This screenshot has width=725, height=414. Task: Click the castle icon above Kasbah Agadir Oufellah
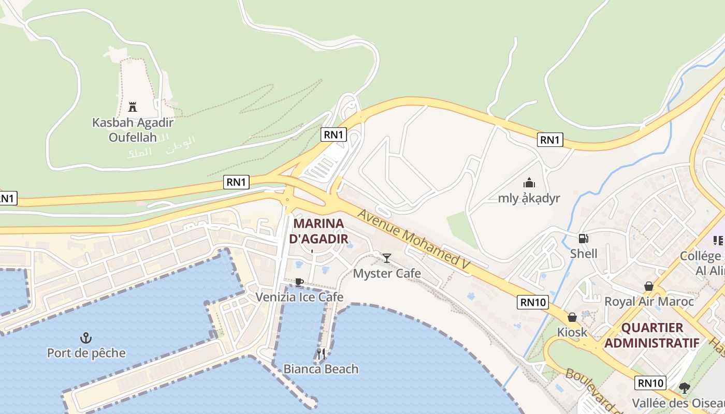click(x=133, y=107)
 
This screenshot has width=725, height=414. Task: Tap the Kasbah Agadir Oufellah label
click(x=133, y=130)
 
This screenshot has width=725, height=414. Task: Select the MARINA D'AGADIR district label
click(x=318, y=231)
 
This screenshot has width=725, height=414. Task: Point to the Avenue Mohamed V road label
click(x=414, y=239)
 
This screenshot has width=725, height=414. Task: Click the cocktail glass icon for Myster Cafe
click(x=387, y=258)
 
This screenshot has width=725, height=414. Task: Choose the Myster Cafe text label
click(x=387, y=273)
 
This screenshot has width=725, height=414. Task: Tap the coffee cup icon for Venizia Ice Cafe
click(x=299, y=282)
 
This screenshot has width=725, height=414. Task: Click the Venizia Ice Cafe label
click(x=299, y=297)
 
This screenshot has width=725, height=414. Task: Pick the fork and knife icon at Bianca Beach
click(x=321, y=354)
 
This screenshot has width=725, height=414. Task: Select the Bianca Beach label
click(x=321, y=369)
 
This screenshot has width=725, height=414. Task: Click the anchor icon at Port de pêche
click(x=86, y=338)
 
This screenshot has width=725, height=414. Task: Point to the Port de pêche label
click(x=86, y=353)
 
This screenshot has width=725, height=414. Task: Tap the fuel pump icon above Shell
click(x=584, y=239)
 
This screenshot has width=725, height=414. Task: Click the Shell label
click(x=584, y=254)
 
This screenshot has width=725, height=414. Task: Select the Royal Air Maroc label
click(x=649, y=301)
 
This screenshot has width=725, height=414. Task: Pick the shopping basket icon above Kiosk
click(x=572, y=317)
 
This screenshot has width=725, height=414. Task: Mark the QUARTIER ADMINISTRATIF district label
click(x=652, y=335)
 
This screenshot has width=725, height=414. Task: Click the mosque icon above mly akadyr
click(x=529, y=183)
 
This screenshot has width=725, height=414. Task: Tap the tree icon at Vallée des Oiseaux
click(x=685, y=388)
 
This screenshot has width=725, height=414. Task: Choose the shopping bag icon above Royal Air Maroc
click(x=648, y=286)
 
